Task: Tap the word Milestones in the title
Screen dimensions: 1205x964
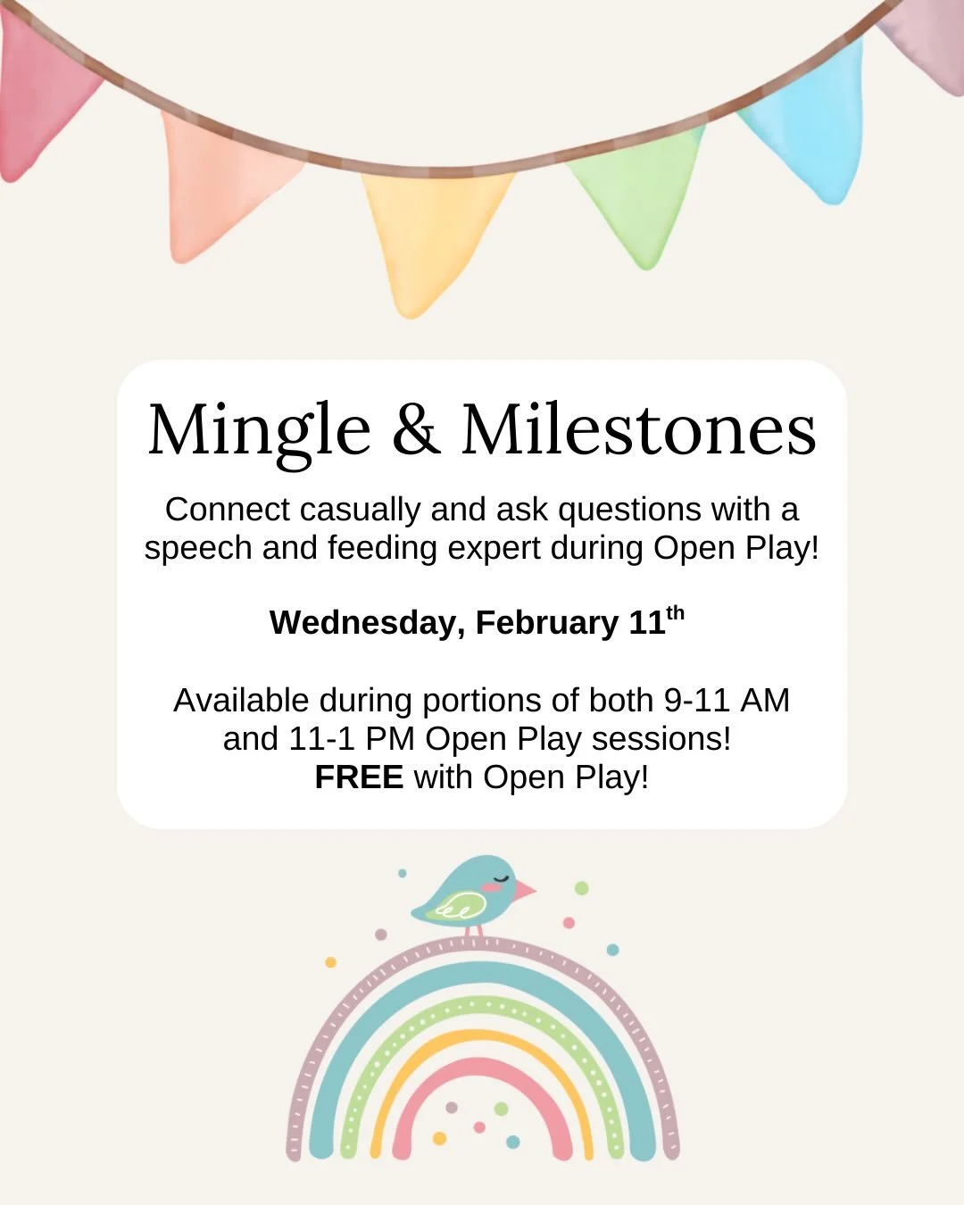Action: [638, 430]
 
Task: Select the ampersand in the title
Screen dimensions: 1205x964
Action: [415, 430]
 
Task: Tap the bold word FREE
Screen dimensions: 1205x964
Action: [359, 777]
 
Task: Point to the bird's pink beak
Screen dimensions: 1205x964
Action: [524, 890]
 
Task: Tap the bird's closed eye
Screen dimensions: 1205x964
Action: [502, 879]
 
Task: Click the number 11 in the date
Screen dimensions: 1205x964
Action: [647, 623]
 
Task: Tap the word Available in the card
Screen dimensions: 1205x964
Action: [241, 701]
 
